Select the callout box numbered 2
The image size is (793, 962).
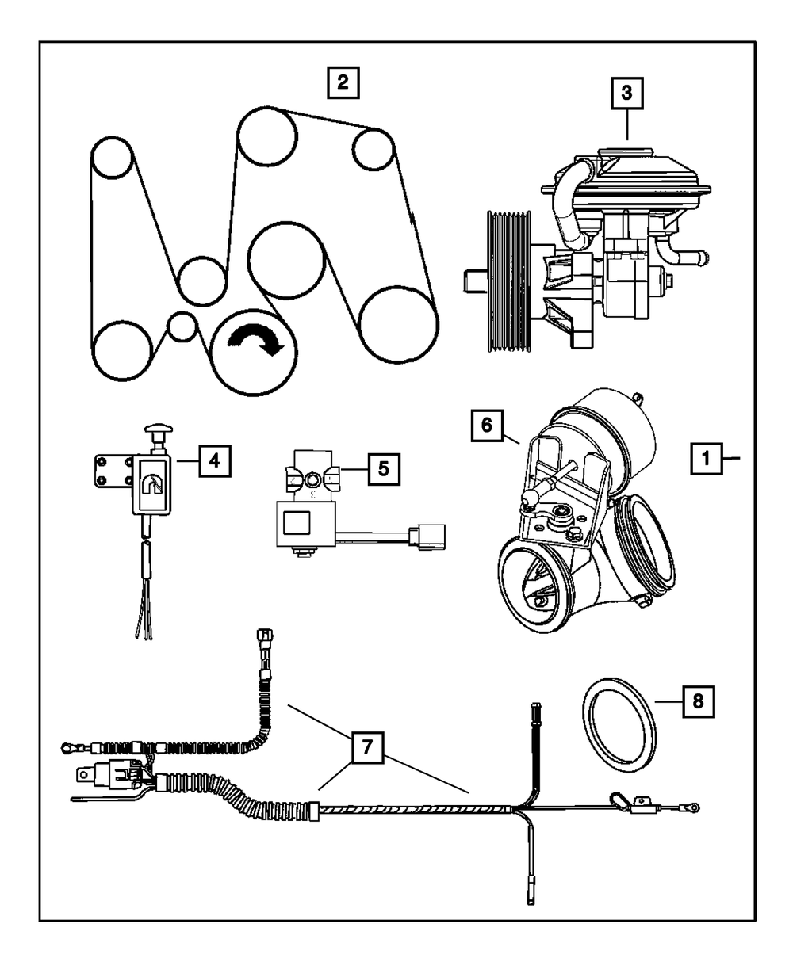342,82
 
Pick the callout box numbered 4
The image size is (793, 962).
215,460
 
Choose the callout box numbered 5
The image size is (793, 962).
382,468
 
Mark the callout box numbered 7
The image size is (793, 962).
366,746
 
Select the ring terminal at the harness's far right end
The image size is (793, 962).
692,807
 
